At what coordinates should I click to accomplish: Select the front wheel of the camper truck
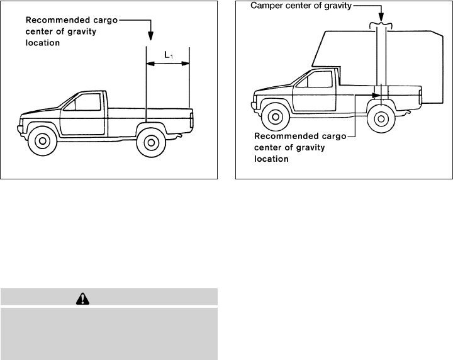coord(274,116)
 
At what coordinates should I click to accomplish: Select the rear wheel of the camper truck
coord(379,117)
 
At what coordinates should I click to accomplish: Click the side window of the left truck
coord(86,101)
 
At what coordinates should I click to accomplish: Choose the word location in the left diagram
coord(41,43)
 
